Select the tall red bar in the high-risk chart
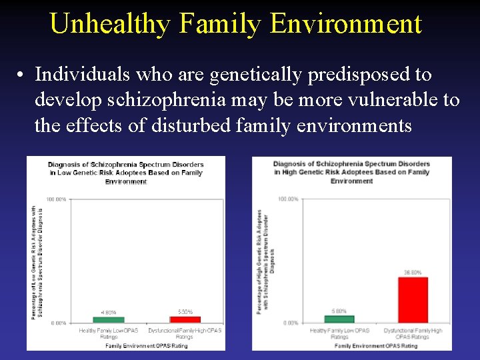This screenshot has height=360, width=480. [413, 300]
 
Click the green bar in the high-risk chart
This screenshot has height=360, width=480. [339, 319]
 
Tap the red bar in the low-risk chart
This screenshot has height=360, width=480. [185, 320]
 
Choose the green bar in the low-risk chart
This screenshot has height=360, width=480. [109, 320]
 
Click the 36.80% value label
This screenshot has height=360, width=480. [413, 272]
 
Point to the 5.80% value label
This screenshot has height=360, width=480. [339, 311]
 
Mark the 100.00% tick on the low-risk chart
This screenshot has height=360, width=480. [57, 199]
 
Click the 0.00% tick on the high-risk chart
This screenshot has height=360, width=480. [290, 323]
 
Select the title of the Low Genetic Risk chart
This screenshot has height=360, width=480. [125, 173]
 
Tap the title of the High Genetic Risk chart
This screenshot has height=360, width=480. [351, 172]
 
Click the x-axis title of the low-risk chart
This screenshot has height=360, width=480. [146, 345]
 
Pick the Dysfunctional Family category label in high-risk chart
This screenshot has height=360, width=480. [413, 333]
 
